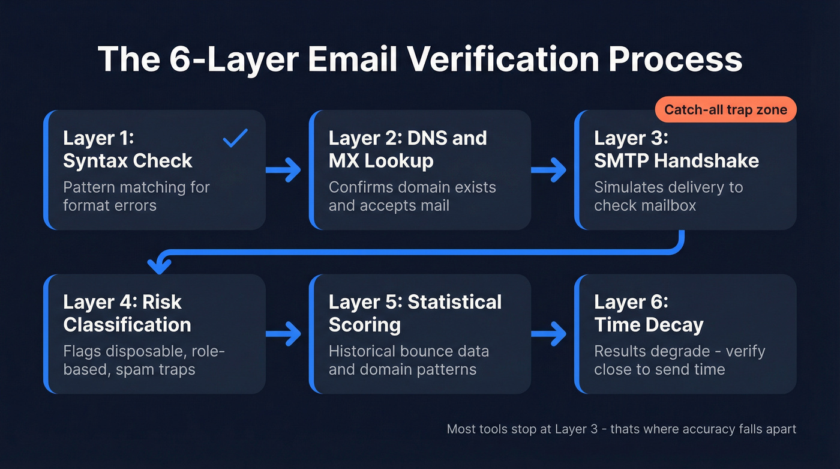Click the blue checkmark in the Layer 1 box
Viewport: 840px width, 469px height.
(235, 138)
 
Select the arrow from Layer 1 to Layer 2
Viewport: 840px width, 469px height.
(284, 171)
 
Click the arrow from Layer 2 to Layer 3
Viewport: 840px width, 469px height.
(549, 171)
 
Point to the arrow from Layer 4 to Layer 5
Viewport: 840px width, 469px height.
(284, 333)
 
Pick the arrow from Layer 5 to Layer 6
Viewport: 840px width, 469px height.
(549, 333)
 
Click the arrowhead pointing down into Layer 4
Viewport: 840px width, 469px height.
(159, 264)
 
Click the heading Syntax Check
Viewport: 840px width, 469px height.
(128, 161)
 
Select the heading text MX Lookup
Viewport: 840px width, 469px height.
(381, 161)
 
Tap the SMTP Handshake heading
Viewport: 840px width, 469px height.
(676, 161)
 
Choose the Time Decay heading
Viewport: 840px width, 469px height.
(649, 325)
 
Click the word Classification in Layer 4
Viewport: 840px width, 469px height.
(127, 325)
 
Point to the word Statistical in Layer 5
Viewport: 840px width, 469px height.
(454, 302)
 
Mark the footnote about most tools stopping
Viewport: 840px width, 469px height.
(622, 429)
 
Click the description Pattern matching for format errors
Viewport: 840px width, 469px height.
(136, 196)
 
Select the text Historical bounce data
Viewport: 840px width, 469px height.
(409, 351)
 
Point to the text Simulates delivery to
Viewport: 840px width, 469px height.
(668, 187)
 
